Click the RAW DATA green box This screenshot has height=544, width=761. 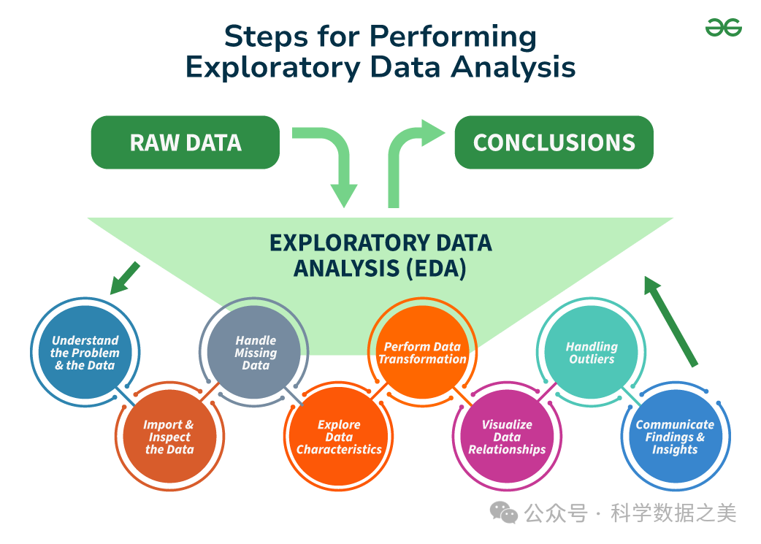tap(186, 142)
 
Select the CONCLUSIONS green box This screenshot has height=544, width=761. tap(554, 142)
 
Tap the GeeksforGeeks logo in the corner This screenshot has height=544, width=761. tap(723, 28)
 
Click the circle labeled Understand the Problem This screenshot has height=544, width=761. tap(85, 353)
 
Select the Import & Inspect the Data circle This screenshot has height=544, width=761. tap(169, 437)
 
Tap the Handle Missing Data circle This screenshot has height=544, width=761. tap(256, 353)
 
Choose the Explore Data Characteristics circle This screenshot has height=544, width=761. tap(339, 437)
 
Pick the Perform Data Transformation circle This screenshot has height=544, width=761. tap(422, 353)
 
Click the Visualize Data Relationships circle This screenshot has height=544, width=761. tap(507, 437)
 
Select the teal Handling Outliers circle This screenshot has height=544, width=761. tap(592, 353)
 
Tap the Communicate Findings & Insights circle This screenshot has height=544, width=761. tap(675, 437)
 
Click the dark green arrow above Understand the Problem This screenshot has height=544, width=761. tap(125, 277)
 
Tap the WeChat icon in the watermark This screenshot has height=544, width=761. tap(504, 513)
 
